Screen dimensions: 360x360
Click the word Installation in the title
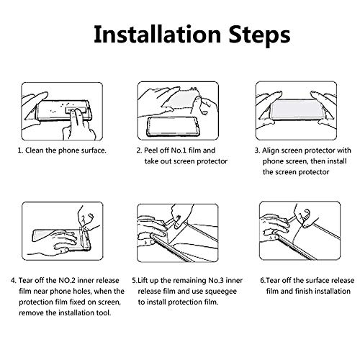click(x=157, y=35)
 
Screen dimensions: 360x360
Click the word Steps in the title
click(x=259, y=35)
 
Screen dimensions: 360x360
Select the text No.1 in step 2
click(x=179, y=150)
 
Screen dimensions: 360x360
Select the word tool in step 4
click(x=104, y=312)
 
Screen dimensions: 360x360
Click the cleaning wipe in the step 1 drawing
click(x=75, y=111)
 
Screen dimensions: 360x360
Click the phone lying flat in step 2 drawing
click(x=173, y=127)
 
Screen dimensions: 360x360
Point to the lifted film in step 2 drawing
click(x=181, y=98)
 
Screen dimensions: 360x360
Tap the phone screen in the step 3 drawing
click(x=297, y=109)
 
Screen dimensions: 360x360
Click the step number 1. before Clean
click(x=21, y=150)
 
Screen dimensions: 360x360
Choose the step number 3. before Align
click(x=257, y=150)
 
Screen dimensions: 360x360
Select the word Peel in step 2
click(x=151, y=150)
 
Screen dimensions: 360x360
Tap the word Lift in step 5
click(x=143, y=280)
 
